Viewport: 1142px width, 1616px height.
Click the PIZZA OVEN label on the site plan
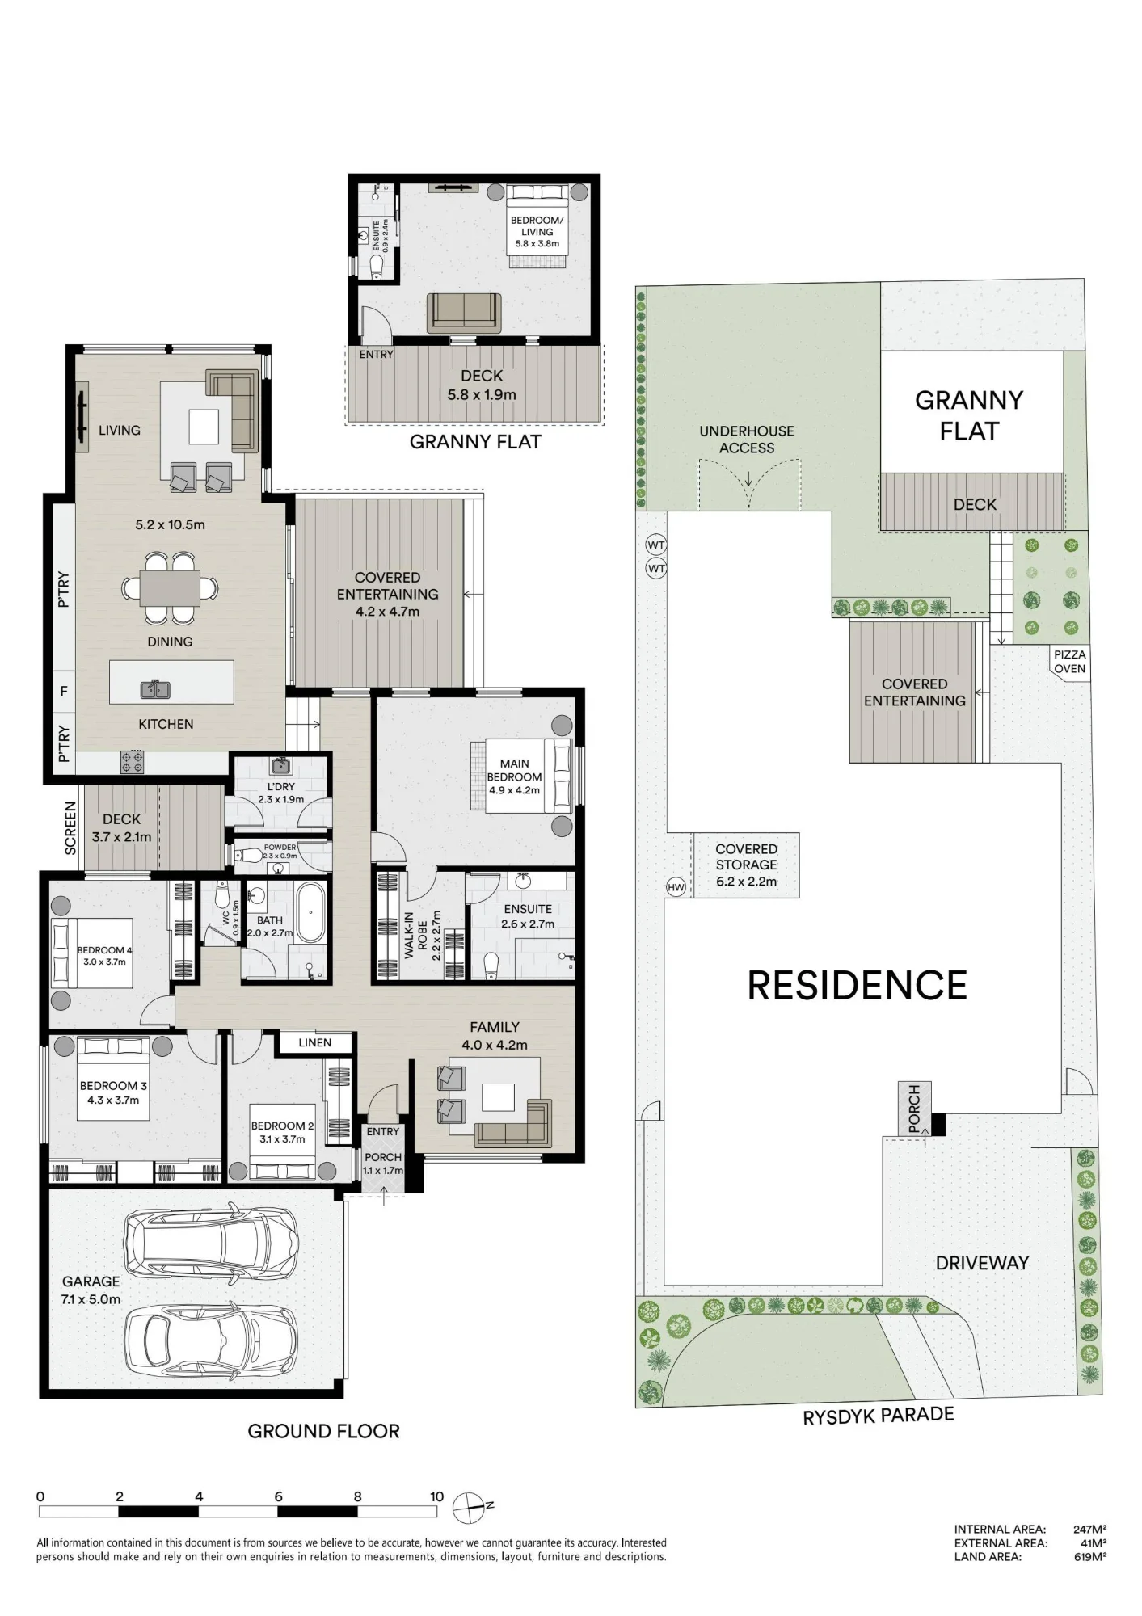click(1069, 662)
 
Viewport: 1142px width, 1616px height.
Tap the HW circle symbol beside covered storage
click(676, 887)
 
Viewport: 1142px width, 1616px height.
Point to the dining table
click(170, 587)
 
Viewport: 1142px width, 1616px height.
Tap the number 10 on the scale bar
click(436, 1496)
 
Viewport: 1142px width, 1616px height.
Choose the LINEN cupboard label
click(314, 1042)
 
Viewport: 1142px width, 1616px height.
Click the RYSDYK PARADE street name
click(879, 1416)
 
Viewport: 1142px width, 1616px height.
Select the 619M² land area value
click(1089, 1557)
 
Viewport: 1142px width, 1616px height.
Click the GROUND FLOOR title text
click(323, 1431)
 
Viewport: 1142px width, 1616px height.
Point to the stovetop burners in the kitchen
click(133, 761)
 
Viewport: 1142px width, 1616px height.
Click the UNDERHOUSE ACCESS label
click(747, 440)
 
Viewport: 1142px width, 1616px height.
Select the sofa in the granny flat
click(463, 312)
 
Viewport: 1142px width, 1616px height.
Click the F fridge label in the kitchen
click(64, 692)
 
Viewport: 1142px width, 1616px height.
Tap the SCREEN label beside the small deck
click(70, 828)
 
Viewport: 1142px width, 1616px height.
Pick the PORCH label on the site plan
click(914, 1109)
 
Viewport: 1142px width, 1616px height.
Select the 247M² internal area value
click(1089, 1529)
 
